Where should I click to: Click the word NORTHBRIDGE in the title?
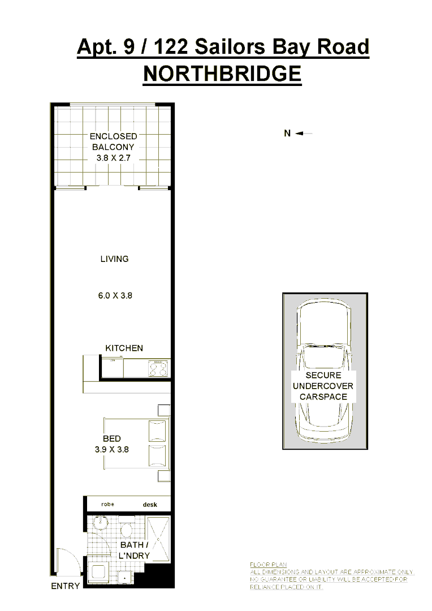point(222,74)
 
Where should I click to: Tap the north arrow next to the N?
point(304,134)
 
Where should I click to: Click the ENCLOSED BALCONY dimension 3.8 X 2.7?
point(113,158)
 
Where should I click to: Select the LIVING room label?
point(114,259)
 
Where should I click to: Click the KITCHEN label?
point(124,348)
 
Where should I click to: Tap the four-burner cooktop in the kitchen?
point(158,369)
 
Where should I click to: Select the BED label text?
point(111,438)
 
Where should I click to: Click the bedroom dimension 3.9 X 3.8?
point(112,450)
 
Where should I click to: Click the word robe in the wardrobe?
point(107,504)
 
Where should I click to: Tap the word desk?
point(150,505)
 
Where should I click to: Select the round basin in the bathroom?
point(100,523)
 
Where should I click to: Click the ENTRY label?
point(65,586)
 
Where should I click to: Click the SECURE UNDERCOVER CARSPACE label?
point(323,386)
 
